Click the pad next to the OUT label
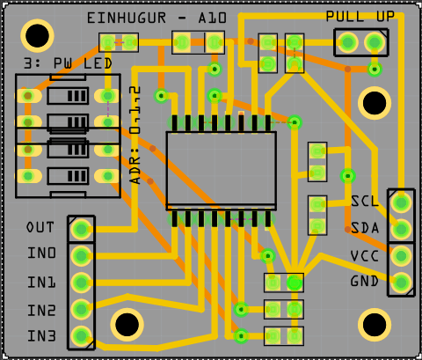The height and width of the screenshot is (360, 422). (x=81, y=229)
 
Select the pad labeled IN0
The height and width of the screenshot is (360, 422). (x=81, y=256)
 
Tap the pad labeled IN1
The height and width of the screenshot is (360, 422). (x=81, y=283)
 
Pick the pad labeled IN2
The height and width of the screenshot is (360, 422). (x=81, y=309)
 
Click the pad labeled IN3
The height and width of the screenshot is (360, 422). (x=81, y=336)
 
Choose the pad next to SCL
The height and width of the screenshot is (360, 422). (x=401, y=202)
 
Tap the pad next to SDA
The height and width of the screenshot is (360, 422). (x=401, y=229)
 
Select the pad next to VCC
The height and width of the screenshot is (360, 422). (x=401, y=256)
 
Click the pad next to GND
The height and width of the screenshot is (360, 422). (x=401, y=283)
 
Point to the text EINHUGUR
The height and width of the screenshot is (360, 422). (x=127, y=18)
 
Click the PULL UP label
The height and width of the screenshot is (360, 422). (x=360, y=17)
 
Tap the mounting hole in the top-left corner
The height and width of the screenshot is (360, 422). (x=37, y=36)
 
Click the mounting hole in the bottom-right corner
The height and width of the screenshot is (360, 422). (x=375, y=325)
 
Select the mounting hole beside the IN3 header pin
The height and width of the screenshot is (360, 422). (x=127, y=325)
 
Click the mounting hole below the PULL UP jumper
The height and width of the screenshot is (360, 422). (x=375, y=103)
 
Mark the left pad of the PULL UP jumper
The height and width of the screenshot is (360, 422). (x=348, y=42)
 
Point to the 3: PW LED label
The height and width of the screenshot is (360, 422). (x=68, y=63)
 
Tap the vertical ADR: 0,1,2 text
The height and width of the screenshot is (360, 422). (x=135, y=135)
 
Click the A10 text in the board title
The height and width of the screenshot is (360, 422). (x=213, y=18)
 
